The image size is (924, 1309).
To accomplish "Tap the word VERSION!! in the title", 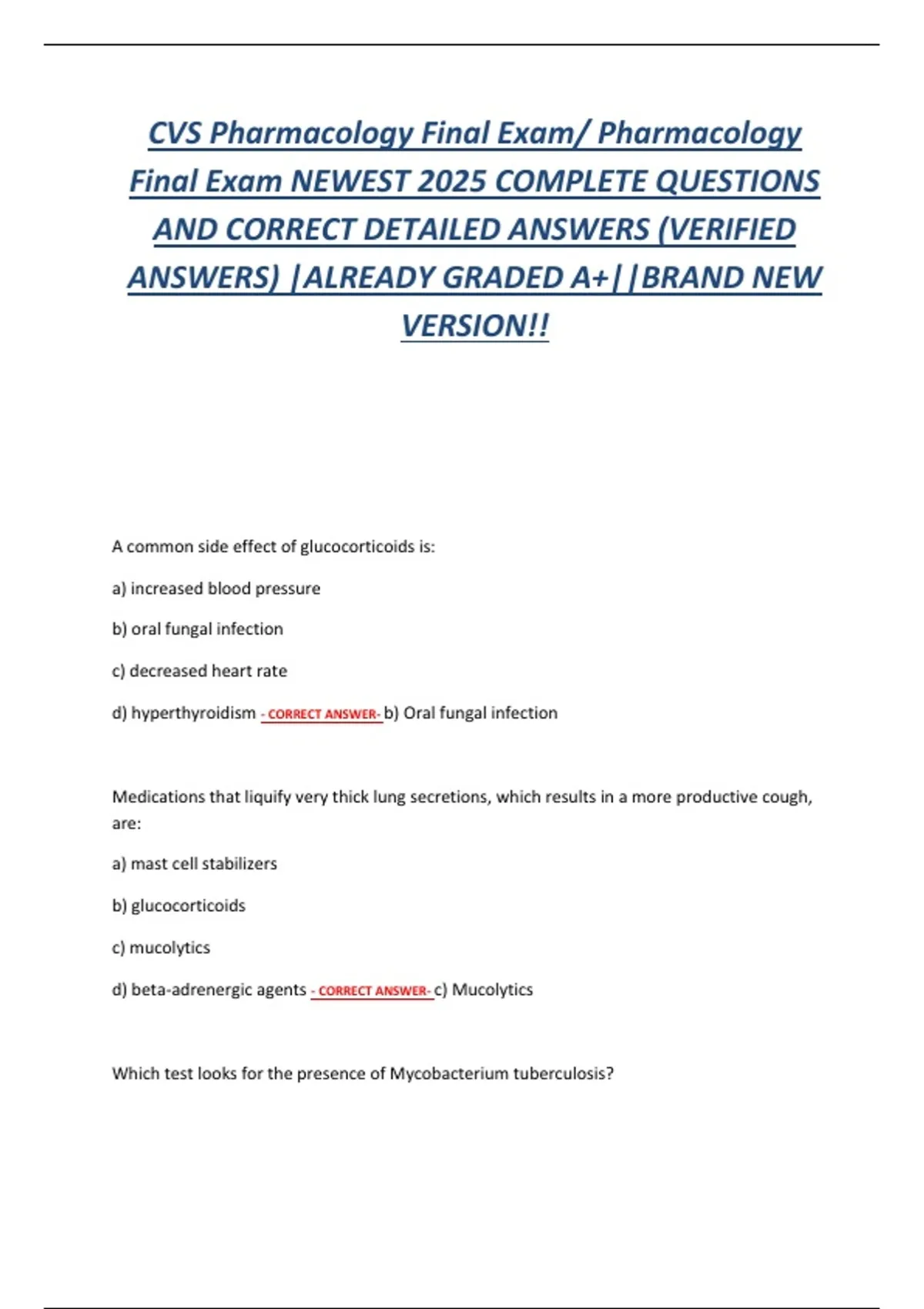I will pyautogui.click(x=475, y=326).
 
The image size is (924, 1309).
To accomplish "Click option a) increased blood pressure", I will pyautogui.click(x=216, y=588).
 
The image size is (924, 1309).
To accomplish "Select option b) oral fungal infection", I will pyautogui.click(x=197, y=629).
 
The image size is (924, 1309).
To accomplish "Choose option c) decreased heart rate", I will pyautogui.click(x=199, y=671).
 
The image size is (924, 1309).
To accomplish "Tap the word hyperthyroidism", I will pyautogui.click(x=193, y=713).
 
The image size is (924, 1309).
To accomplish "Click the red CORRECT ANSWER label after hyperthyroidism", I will pyautogui.click(x=322, y=715).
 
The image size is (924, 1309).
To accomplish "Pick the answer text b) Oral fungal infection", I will pyautogui.click(x=470, y=713).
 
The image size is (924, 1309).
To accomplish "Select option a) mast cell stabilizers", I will pyautogui.click(x=194, y=864).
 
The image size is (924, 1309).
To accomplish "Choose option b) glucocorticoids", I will pyautogui.click(x=179, y=906).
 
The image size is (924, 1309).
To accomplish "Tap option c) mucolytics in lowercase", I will pyautogui.click(x=161, y=947).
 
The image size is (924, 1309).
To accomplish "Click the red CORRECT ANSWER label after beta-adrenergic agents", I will pyautogui.click(x=372, y=991).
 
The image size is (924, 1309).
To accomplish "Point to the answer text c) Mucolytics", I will pyautogui.click(x=484, y=989).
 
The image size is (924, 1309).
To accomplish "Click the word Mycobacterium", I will pyautogui.click(x=449, y=1073).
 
